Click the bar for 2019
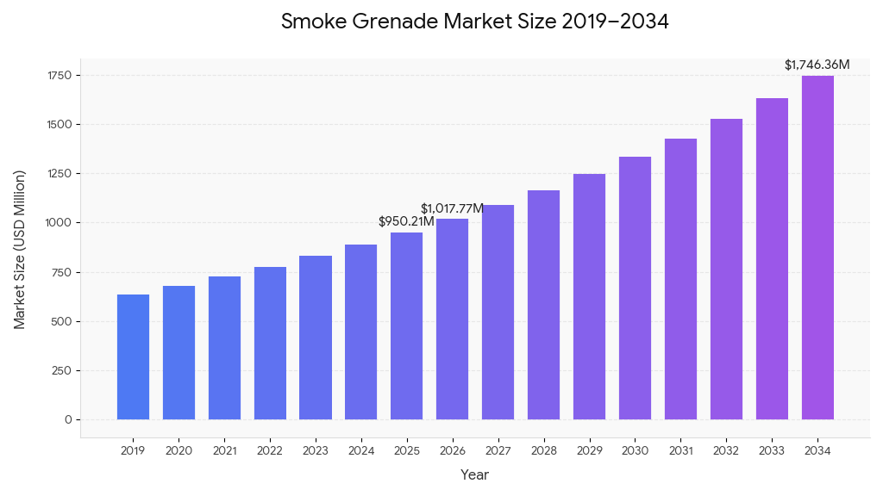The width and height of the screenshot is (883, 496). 133,356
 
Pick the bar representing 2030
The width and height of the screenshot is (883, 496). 635,288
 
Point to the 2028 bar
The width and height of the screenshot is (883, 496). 543,305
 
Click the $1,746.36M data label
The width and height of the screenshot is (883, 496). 817,65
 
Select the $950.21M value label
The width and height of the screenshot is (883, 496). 406,222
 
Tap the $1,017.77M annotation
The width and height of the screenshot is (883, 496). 452,208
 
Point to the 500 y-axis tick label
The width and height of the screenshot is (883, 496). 61,321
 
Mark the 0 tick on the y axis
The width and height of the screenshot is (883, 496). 68,419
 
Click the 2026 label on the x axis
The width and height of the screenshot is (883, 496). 452,450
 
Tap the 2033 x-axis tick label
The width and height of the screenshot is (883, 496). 772,450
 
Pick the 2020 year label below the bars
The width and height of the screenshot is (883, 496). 178,450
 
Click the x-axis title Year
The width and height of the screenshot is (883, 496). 474,474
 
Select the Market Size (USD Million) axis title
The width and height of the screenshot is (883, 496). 20,249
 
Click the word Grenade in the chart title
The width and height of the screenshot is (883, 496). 387,22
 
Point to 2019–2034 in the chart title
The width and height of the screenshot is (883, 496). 615,22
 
